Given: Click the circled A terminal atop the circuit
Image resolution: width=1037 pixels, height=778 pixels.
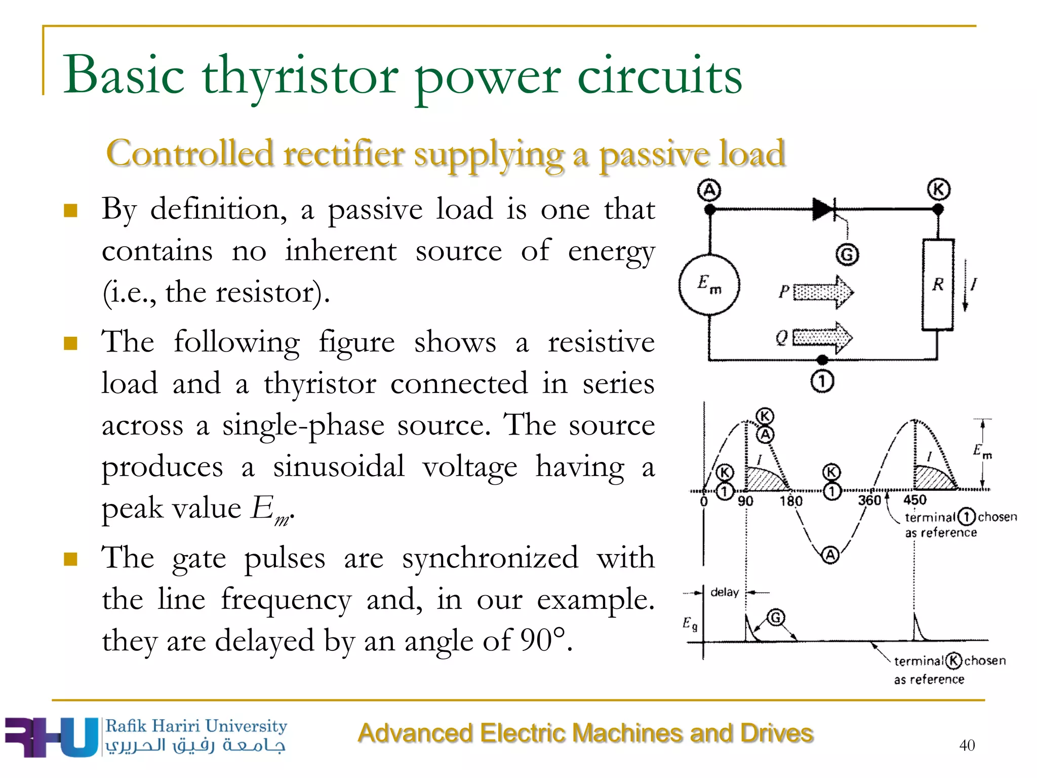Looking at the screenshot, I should tap(709, 190).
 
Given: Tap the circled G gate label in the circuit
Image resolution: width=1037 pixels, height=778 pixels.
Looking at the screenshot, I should tap(847, 254).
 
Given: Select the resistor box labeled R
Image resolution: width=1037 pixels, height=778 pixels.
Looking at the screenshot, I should tap(938, 285).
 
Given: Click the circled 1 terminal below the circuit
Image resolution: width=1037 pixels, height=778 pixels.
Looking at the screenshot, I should tap(822, 381).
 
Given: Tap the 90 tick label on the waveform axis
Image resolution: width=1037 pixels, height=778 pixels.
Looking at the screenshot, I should tap(745, 501).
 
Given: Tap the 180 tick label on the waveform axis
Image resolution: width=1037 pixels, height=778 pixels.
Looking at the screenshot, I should tap(791, 501).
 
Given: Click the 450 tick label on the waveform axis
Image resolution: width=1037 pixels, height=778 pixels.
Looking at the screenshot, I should tap(915, 500).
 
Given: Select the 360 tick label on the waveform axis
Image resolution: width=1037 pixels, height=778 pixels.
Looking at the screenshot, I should tap(869, 500).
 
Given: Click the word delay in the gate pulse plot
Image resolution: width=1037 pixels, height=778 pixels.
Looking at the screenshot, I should tap(725, 592).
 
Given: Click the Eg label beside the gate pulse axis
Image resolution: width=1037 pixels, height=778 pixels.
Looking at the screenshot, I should tap(690, 624).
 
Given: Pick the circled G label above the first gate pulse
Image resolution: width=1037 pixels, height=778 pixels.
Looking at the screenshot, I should tap(776, 617).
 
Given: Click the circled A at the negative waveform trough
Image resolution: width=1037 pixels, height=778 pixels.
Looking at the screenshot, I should tap(830, 555).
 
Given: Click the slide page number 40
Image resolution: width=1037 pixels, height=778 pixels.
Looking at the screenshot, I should tap(967, 745).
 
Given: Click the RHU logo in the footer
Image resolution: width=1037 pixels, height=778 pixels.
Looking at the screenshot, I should tap(51, 737).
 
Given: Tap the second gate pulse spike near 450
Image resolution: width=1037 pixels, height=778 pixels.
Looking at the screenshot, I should tap(916, 628).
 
